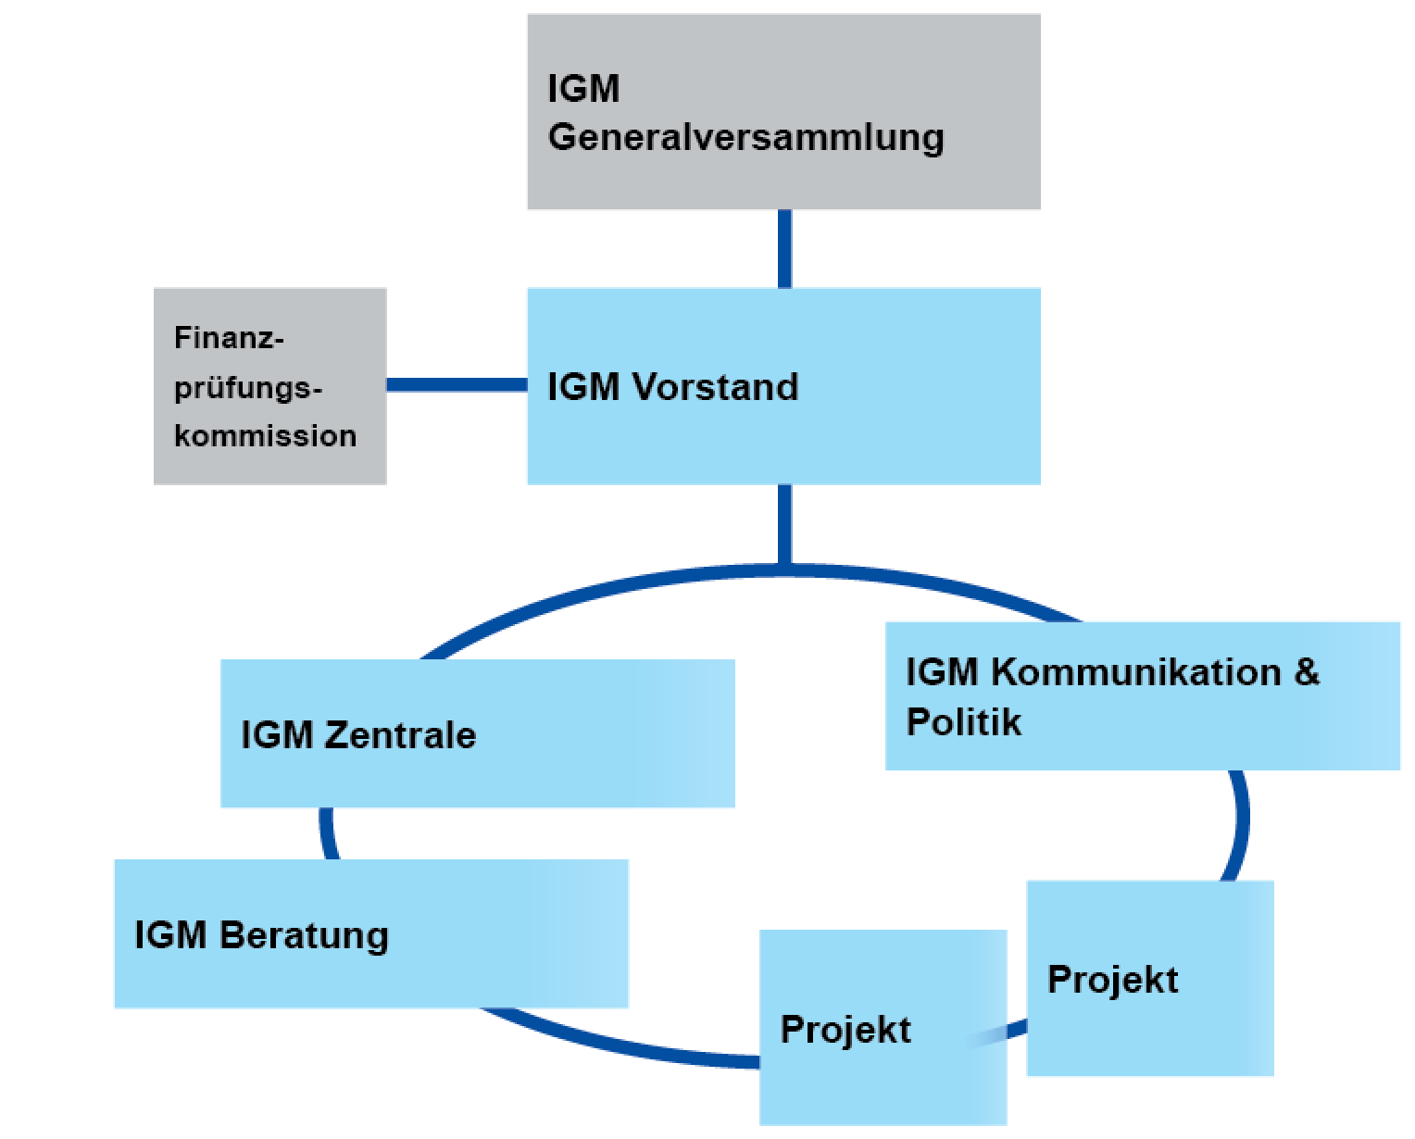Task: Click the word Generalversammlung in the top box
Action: pyautogui.click(x=745, y=137)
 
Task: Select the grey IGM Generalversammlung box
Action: pyautogui.click(x=783, y=111)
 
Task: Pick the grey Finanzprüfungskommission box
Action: pyautogui.click(x=269, y=386)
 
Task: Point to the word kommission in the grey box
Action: pyautogui.click(x=265, y=435)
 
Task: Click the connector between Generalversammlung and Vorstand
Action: pyautogui.click(x=784, y=248)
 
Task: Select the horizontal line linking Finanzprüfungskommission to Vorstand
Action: pyautogui.click(x=457, y=384)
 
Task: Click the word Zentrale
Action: pyautogui.click(x=400, y=735)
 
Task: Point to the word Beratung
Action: pyautogui.click(x=305, y=935)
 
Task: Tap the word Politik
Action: pyautogui.click(x=963, y=722)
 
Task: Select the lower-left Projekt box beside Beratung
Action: pyautogui.click(x=883, y=1028)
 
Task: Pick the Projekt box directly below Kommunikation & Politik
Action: pyautogui.click(x=1150, y=979)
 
